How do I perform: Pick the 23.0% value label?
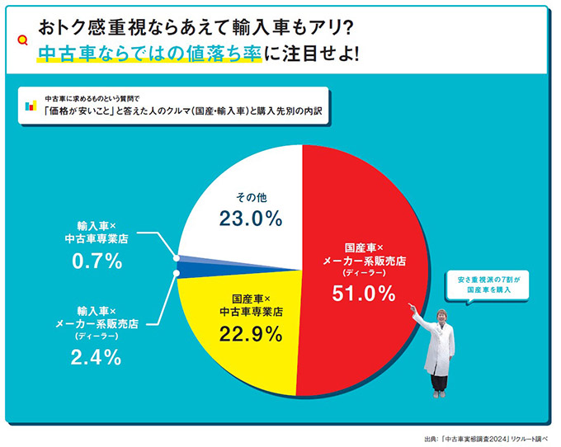point(251,219)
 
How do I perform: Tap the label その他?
point(251,197)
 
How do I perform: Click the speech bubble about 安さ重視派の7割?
point(484,285)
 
